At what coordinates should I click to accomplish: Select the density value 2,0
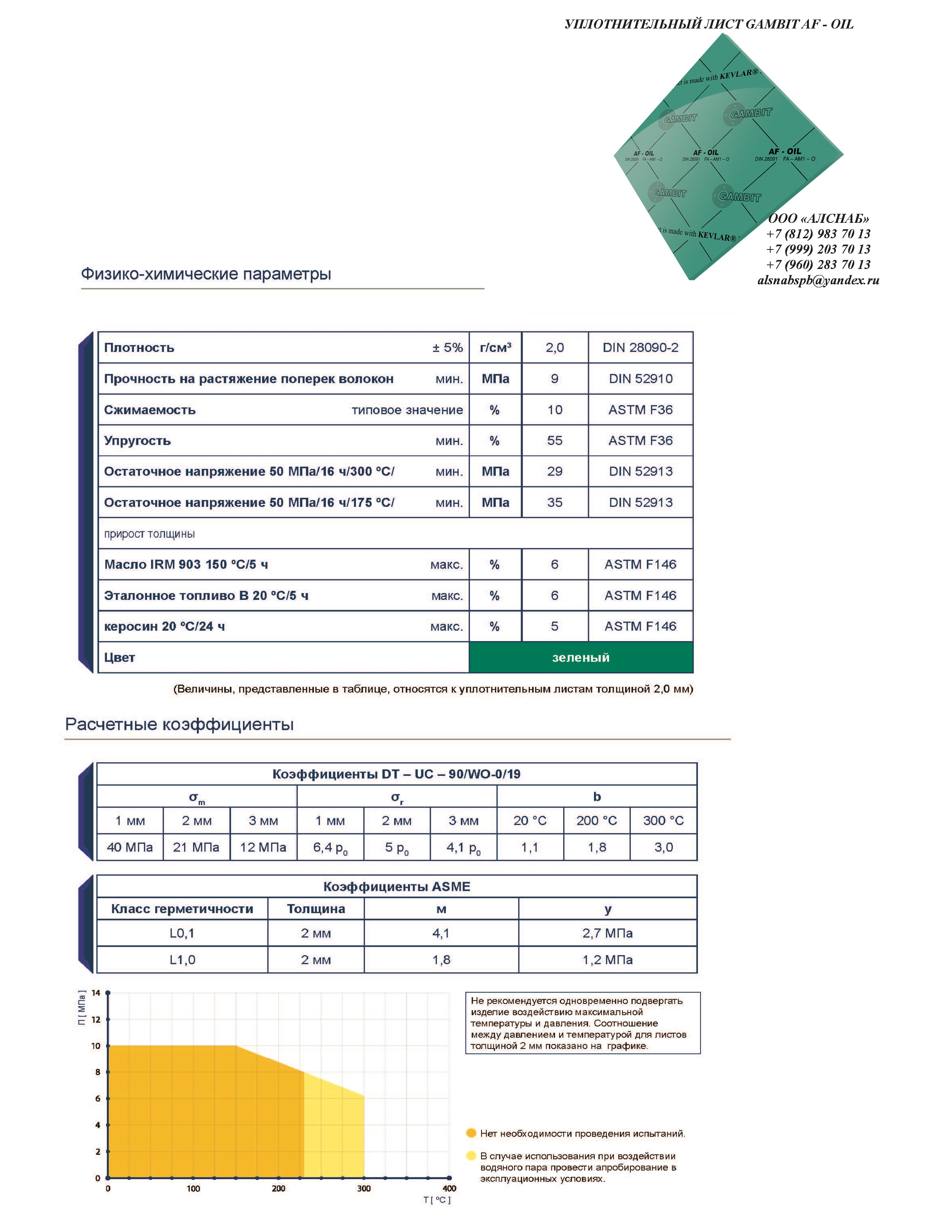(x=554, y=348)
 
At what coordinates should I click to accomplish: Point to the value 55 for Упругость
(x=554, y=441)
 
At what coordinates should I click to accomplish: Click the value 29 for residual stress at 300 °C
(x=554, y=471)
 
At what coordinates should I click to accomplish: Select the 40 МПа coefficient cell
(x=129, y=847)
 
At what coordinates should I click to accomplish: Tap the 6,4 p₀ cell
(x=330, y=847)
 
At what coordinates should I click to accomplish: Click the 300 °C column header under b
(x=663, y=821)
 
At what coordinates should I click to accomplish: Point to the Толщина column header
(x=315, y=909)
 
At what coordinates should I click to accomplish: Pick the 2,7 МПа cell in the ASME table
(x=607, y=933)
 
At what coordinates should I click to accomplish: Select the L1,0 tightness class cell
(x=182, y=960)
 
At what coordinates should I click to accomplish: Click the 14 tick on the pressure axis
(x=96, y=993)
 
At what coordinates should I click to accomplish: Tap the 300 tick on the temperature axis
(x=364, y=1188)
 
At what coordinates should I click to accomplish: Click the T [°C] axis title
(x=437, y=1200)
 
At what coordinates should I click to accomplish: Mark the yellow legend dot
(x=471, y=1155)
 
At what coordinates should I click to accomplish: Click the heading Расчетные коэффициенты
(x=179, y=724)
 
